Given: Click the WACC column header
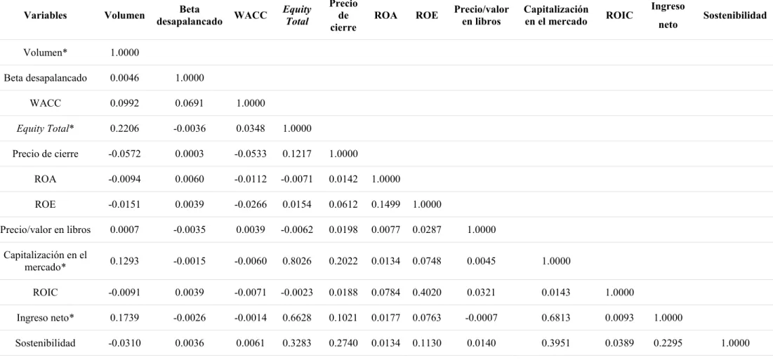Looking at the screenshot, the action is click(251, 15).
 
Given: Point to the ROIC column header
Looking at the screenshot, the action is click(619, 15).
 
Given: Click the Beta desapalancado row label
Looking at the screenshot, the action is click(46, 78).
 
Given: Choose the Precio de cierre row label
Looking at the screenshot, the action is click(46, 154).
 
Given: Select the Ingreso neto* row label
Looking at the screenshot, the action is click(46, 318).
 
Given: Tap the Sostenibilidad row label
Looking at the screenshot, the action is click(46, 343).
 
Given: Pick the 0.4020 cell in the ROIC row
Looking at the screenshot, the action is click(427, 293).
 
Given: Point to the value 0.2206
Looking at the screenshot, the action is click(124, 128).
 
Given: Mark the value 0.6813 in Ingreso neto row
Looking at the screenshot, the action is click(556, 318).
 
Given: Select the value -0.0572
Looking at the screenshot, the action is click(124, 154).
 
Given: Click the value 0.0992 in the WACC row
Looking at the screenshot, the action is click(124, 103).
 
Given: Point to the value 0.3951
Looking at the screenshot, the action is click(556, 343).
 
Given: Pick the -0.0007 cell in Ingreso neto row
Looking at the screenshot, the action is click(482, 318).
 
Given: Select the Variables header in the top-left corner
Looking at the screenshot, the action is click(46, 15).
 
